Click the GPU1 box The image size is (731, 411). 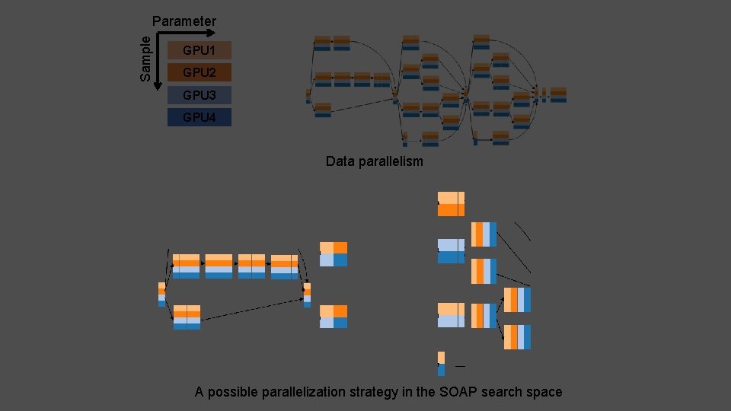click(x=199, y=51)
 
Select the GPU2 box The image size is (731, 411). click(x=199, y=73)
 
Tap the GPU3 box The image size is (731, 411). click(x=199, y=95)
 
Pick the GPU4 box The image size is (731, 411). click(x=199, y=117)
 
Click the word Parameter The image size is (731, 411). click(x=184, y=21)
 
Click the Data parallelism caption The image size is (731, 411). click(x=374, y=161)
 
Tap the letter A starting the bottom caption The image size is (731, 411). click(x=200, y=393)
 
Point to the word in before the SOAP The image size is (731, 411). click(x=410, y=393)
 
